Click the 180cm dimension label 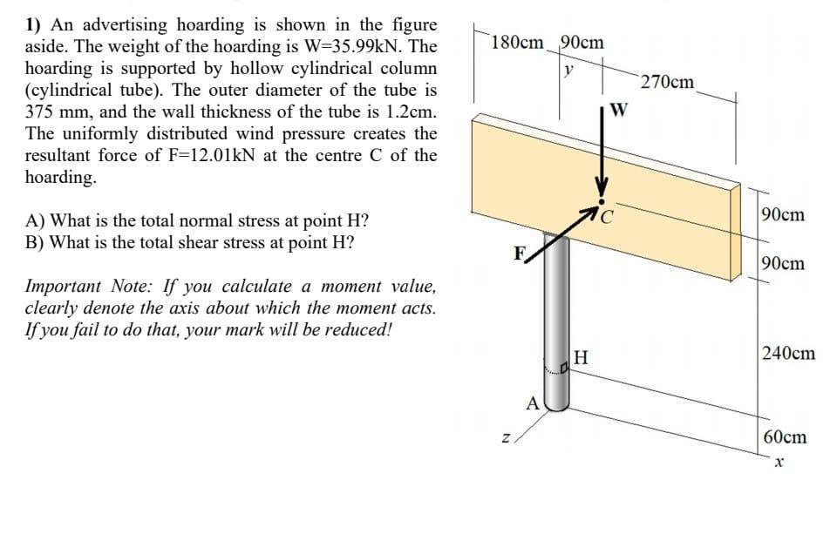pos(517,42)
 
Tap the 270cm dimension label pos(667,83)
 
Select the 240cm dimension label pos(788,353)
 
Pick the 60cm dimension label pos(784,436)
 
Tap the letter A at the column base pos(532,402)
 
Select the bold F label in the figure pos(519,254)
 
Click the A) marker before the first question pos(37,221)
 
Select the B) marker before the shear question pos(37,243)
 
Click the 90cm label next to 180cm pos(582,42)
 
